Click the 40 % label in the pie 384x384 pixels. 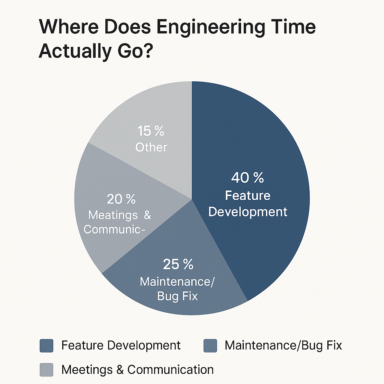tap(247, 178)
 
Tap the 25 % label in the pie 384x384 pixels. tap(178, 264)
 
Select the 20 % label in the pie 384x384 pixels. tap(121, 199)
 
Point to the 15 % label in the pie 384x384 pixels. tap(151, 131)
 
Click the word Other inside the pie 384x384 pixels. tap(151, 147)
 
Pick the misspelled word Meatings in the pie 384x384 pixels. tap(112, 216)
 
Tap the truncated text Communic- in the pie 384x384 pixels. tap(114, 229)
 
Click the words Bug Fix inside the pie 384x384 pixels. tap(177, 296)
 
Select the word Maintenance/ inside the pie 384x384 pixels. tap(177, 281)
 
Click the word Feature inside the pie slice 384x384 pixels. tap(247, 195)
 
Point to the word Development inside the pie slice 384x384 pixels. tap(247, 212)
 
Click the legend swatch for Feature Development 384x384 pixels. tap(46, 345)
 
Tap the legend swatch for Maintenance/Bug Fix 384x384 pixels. tap(210, 345)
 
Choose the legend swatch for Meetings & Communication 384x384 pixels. tap(46, 370)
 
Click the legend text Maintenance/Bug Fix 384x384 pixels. tap(283, 345)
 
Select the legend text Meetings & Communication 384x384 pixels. tap(137, 370)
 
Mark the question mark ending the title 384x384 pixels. tap(147, 51)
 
